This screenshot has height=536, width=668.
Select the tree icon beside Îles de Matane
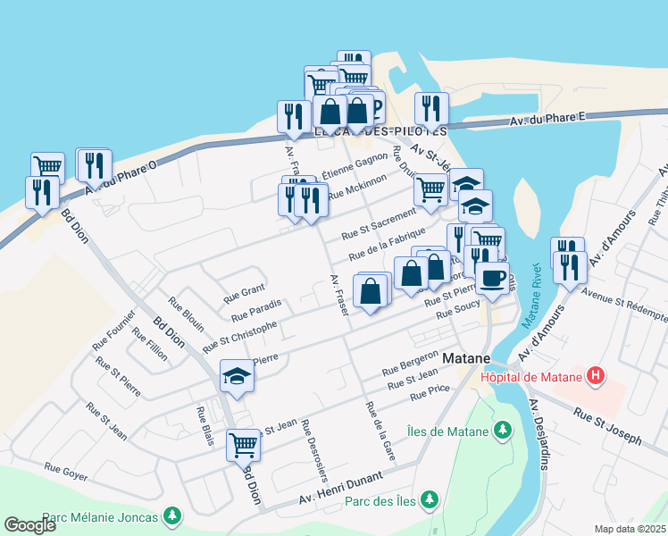503,431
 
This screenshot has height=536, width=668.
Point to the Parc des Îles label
380,500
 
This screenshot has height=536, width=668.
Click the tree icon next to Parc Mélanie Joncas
171,515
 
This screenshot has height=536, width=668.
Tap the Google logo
30,524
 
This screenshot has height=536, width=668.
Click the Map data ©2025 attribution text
630,529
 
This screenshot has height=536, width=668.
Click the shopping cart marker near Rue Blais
243,443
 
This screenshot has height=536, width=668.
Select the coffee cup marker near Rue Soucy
491,277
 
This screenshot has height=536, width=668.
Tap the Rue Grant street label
244,291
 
